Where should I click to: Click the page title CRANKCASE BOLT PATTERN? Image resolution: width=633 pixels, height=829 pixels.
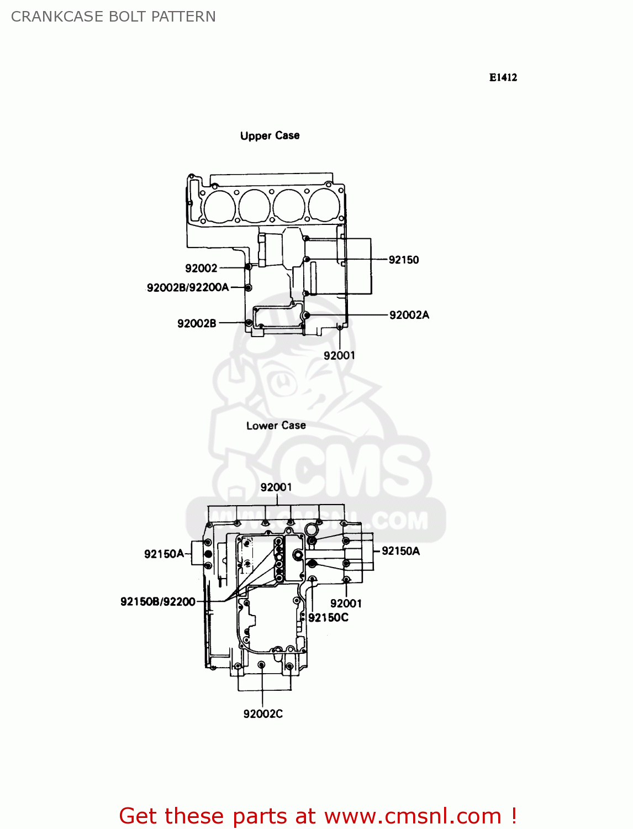(113, 17)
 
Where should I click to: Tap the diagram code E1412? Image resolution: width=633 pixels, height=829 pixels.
(503, 77)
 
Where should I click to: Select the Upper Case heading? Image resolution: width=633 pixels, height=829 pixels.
(270, 135)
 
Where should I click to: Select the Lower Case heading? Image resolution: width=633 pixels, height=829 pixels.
(276, 426)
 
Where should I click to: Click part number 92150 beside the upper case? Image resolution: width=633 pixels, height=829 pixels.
(403, 260)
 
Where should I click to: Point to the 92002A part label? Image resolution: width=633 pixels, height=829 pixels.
(409, 315)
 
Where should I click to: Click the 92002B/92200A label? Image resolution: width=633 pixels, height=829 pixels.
(187, 287)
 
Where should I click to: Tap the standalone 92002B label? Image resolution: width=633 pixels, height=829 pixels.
(196, 323)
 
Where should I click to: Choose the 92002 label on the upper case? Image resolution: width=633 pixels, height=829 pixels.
(201, 268)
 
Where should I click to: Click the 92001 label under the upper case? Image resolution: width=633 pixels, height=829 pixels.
(339, 355)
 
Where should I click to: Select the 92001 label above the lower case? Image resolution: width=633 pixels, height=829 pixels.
(276, 487)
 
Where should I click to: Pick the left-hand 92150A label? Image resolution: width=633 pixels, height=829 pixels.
(164, 554)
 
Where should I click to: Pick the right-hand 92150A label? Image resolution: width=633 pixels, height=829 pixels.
(400, 551)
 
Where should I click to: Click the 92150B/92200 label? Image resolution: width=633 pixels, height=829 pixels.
(157, 601)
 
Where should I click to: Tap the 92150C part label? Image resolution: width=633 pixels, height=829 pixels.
(328, 617)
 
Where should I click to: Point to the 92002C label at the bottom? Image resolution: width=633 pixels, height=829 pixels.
(263, 713)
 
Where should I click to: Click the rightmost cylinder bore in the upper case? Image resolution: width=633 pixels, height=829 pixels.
(324, 206)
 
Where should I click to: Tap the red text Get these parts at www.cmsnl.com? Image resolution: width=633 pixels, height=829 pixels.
(318, 816)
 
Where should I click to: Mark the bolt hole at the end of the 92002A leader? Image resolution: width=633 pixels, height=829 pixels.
(307, 315)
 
